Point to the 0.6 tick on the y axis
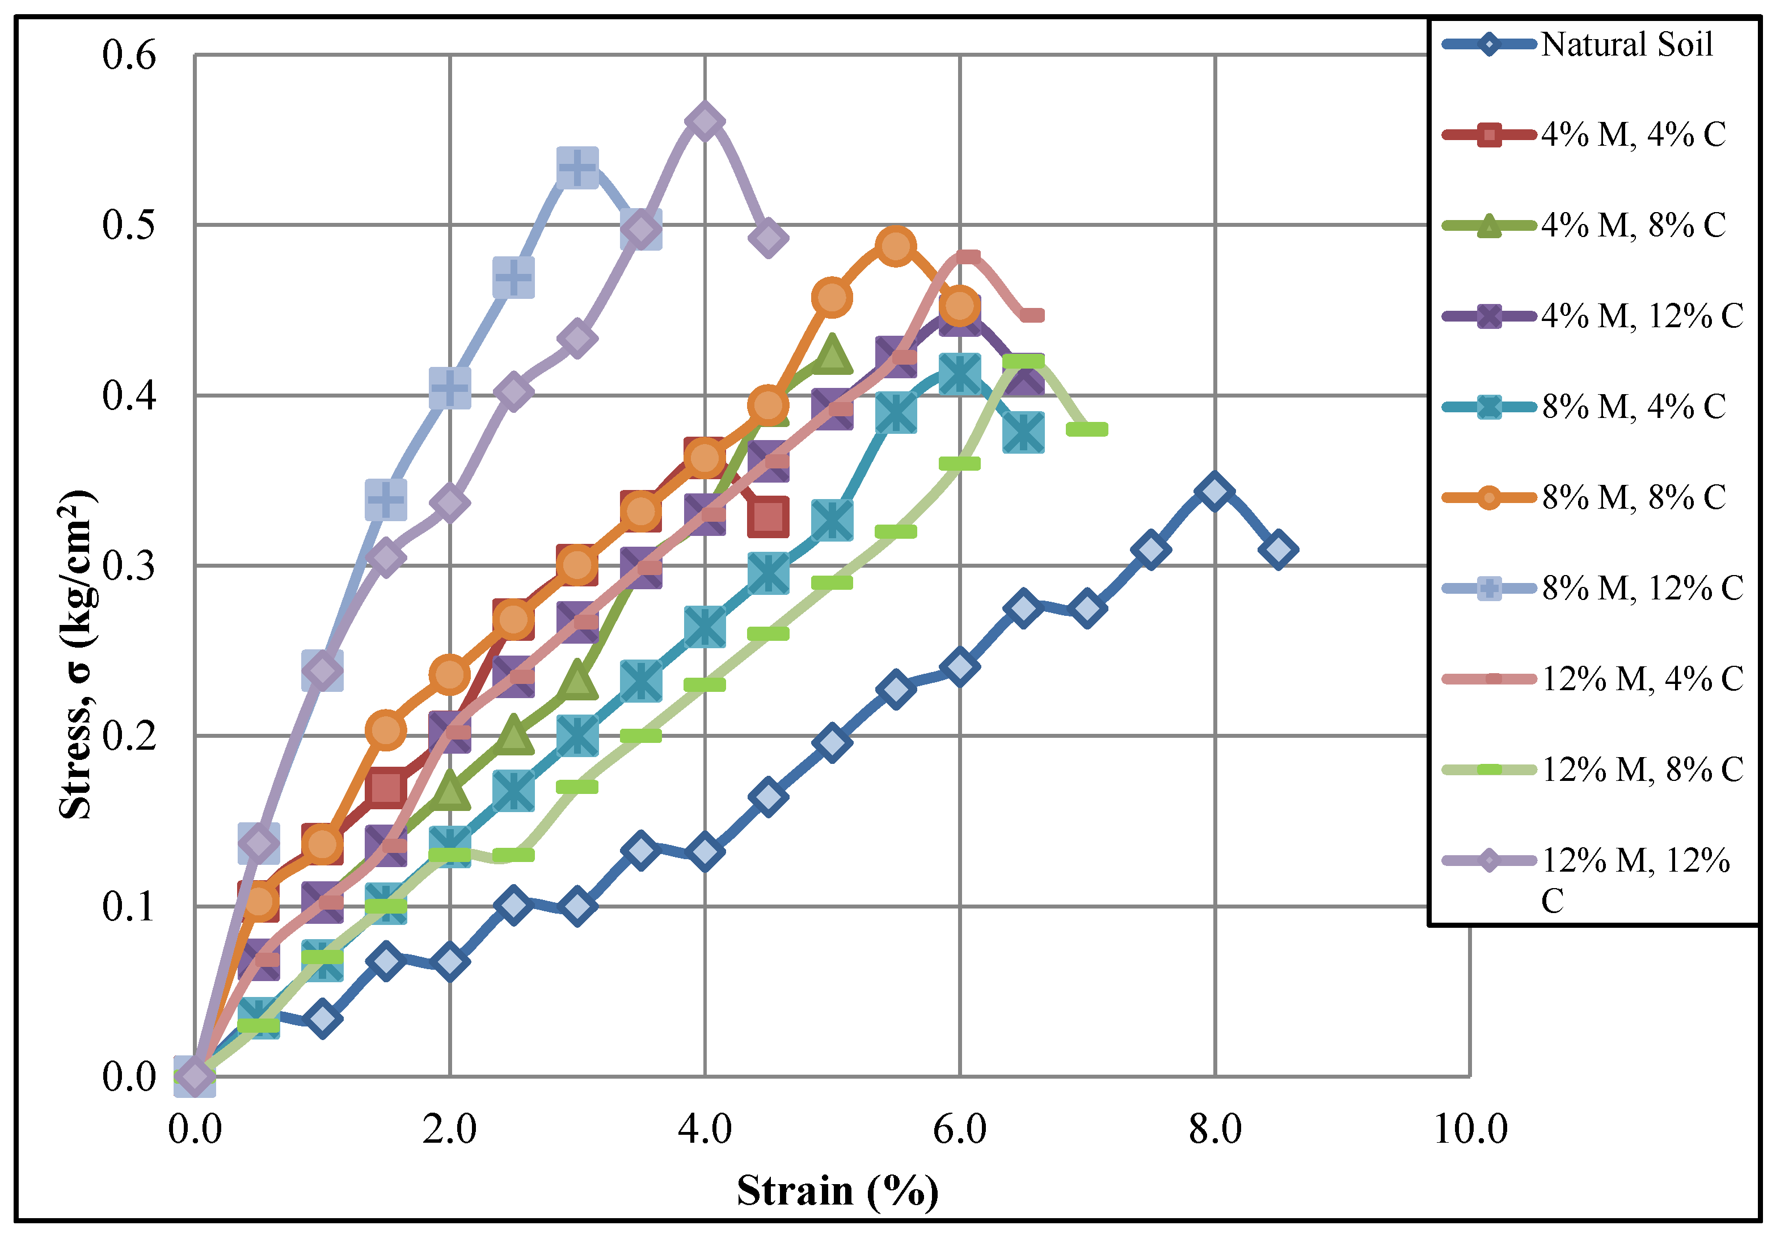[x=129, y=55]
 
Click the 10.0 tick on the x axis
[x=1470, y=1129]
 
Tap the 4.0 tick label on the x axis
[x=704, y=1129]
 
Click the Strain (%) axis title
[x=837, y=1191]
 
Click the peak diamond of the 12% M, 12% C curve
[x=705, y=122]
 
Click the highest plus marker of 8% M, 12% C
[x=577, y=167]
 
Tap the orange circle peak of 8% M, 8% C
[x=896, y=246]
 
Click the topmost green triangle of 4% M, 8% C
[x=832, y=355]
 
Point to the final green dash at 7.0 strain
[x=1086, y=429]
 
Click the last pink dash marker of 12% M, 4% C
[x=1032, y=315]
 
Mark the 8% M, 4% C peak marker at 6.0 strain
[x=960, y=374]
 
